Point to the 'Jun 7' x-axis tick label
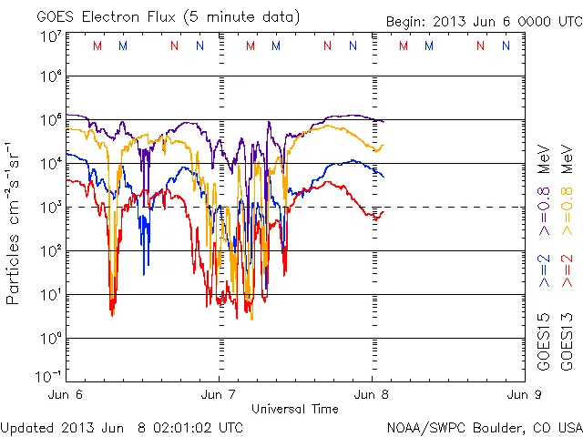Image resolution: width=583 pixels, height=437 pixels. point(219,395)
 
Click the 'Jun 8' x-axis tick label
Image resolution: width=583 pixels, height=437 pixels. point(371,395)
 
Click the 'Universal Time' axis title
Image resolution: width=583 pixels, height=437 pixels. point(295,409)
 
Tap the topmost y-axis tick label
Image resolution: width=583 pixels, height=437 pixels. point(50,36)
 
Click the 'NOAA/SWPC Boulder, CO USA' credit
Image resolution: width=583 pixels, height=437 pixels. point(484,426)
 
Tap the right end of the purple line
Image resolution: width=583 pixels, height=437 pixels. point(384,121)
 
